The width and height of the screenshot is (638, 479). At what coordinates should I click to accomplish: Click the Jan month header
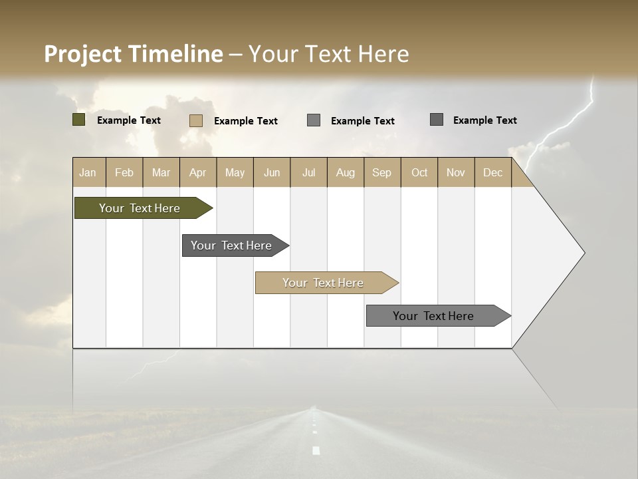[88, 172]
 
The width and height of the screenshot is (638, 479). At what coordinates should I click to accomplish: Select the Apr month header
[198, 172]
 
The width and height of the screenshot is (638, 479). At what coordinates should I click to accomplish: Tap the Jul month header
[308, 172]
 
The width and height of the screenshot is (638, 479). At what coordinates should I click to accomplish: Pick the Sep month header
[382, 172]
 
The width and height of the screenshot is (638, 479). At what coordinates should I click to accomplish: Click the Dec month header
[492, 172]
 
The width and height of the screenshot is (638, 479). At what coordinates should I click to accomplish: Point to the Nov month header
[456, 172]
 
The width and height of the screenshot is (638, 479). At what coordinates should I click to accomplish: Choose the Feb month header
[124, 172]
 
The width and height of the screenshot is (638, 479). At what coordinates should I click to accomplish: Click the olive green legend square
[79, 120]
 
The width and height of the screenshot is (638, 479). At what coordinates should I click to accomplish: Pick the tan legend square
[196, 120]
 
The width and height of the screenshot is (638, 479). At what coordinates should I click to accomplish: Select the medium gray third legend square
[314, 120]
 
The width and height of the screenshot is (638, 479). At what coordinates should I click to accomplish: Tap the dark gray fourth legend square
[437, 120]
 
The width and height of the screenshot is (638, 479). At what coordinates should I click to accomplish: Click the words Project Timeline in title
[134, 54]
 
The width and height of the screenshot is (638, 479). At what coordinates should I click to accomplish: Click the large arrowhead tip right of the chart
[580, 253]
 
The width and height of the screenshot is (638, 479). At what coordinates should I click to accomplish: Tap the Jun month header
[272, 172]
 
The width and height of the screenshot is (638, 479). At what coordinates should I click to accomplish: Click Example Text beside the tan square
[246, 121]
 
